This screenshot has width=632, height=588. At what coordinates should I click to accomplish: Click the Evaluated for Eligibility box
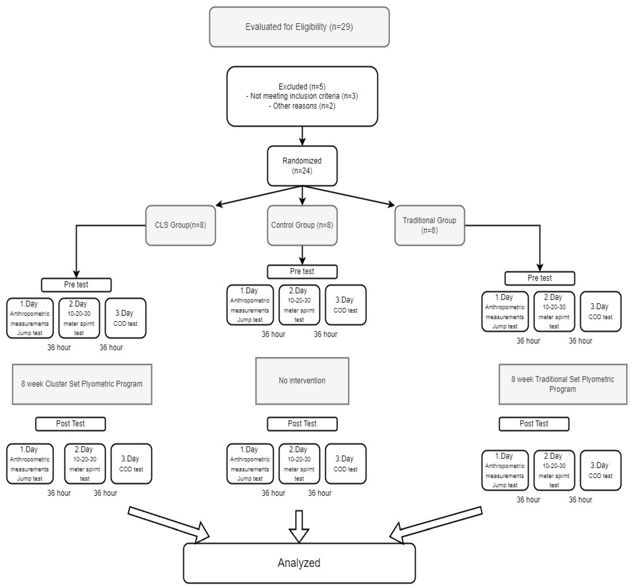[299, 27]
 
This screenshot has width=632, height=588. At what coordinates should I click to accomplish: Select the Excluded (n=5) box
[302, 96]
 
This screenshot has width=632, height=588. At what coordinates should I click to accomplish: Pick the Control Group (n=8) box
[302, 225]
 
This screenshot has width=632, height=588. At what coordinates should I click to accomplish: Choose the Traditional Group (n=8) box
[429, 225]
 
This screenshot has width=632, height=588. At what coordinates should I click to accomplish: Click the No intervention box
[302, 381]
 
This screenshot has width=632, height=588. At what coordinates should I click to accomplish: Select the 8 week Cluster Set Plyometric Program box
[82, 384]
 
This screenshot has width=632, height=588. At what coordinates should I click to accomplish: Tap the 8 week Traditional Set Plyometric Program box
[563, 384]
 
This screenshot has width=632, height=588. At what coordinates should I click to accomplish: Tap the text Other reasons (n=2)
[302, 106]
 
